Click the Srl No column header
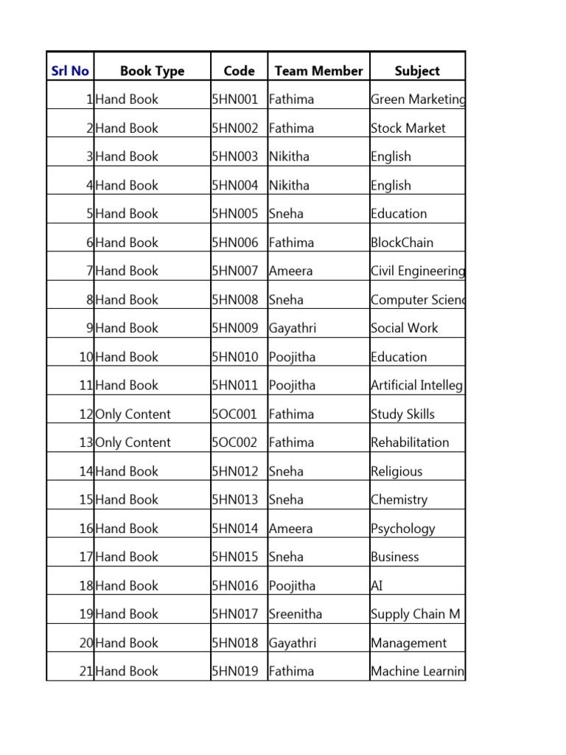click(x=70, y=71)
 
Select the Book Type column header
click(x=152, y=71)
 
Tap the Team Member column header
click(x=318, y=71)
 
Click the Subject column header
click(x=417, y=71)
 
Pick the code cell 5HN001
click(x=235, y=100)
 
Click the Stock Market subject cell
click(x=408, y=128)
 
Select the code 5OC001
click(x=234, y=414)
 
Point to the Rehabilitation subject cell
click(x=410, y=442)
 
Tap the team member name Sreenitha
click(x=296, y=614)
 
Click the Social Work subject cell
click(x=405, y=328)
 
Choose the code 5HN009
click(x=235, y=328)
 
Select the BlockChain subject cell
click(x=402, y=243)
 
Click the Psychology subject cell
click(x=403, y=529)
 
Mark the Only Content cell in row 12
click(x=133, y=414)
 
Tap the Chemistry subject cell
click(x=399, y=500)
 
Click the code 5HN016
click(x=235, y=586)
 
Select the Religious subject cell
click(x=396, y=472)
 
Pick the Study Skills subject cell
click(x=403, y=414)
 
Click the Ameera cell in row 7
click(x=291, y=271)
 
